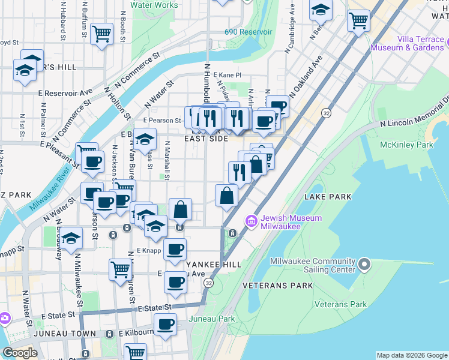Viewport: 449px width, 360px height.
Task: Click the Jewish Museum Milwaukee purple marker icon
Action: coord(251,222)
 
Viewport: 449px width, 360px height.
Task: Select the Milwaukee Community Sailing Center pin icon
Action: coord(364,265)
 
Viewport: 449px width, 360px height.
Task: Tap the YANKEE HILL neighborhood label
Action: coord(213,264)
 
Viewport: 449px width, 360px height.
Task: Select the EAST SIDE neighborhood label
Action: coord(206,139)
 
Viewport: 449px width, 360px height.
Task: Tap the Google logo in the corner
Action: coord(19,352)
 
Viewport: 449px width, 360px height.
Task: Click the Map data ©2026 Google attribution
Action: coord(412,355)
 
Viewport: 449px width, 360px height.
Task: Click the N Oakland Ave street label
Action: coord(306,76)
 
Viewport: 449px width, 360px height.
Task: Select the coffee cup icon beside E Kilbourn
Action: coord(165,325)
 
